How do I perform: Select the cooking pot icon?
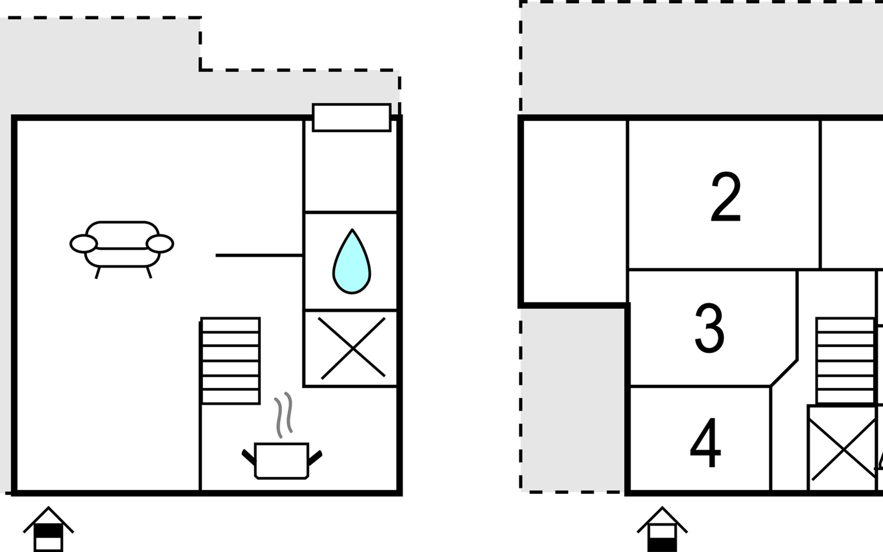(x=282, y=460)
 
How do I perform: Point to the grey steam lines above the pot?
(x=283, y=414)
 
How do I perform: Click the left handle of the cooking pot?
(x=249, y=458)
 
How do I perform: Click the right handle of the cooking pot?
(x=315, y=458)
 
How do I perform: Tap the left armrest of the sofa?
(x=83, y=244)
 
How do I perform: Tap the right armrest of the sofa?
(x=160, y=244)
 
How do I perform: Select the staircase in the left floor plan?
(x=230, y=361)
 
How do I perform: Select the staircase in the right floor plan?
(x=845, y=361)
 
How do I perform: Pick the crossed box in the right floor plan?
(x=843, y=448)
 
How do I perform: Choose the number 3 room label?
(x=710, y=328)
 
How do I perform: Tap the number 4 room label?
(x=705, y=443)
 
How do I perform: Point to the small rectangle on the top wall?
(x=352, y=118)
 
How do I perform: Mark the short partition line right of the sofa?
(x=259, y=255)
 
